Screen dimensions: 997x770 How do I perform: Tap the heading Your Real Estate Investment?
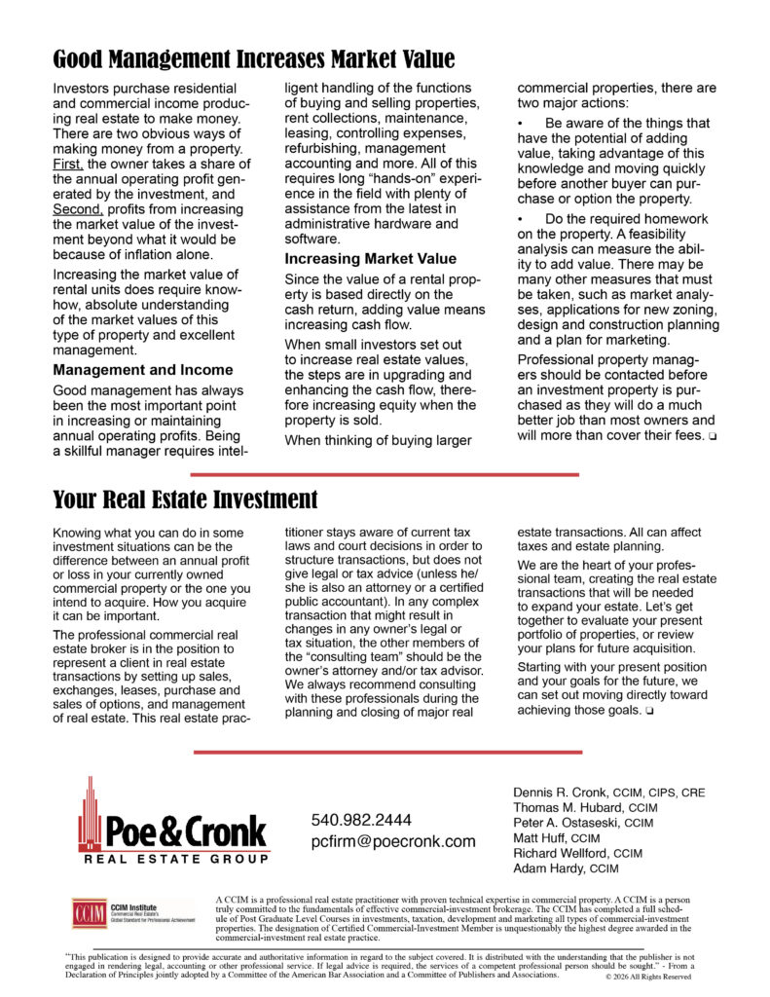185,500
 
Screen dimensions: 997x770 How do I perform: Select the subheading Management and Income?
143,370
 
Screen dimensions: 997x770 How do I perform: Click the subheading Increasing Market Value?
370,259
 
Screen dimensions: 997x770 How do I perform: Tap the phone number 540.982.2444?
361,820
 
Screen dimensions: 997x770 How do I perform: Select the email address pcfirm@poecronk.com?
393,841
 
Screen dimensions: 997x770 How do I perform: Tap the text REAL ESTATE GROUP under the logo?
175,860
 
